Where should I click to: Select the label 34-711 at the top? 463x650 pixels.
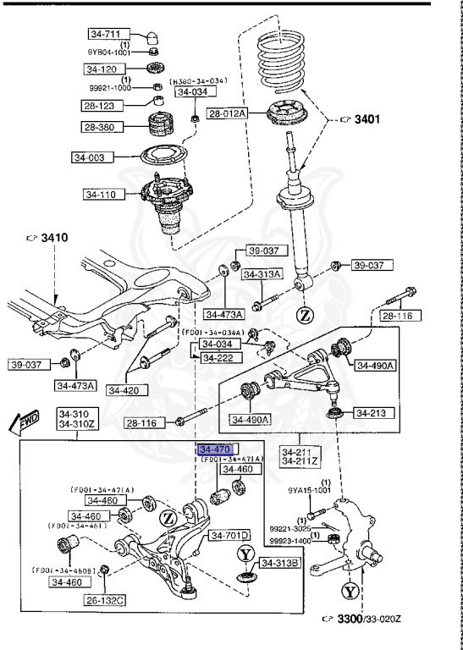pyautogui.click(x=106, y=35)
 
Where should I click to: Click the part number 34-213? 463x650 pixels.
pyautogui.click(x=370, y=414)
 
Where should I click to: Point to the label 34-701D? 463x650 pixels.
pyautogui.click(x=229, y=536)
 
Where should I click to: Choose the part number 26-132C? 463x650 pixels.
pyautogui.click(x=105, y=600)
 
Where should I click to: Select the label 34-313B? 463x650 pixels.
pyautogui.click(x=278, y=564)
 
